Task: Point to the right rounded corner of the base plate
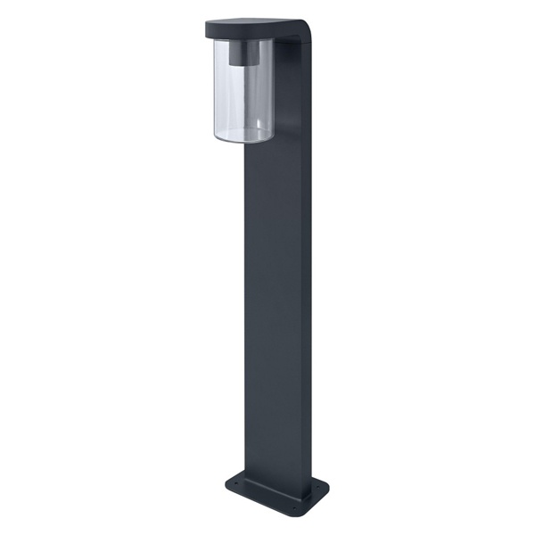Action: [x=325, y=490]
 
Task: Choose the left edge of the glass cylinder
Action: [x=215, y=89]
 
